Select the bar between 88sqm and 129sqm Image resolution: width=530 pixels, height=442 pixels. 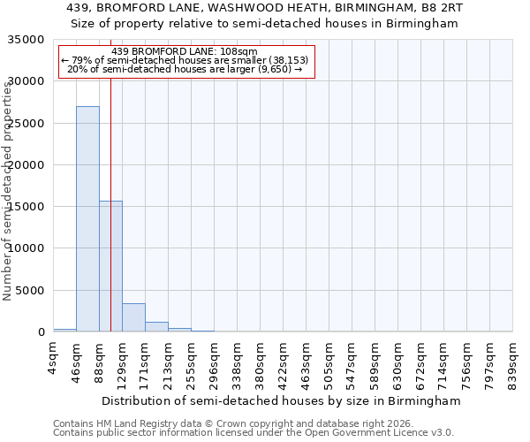click(110, 266)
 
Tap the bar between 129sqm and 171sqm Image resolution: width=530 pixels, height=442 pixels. click(133, 317)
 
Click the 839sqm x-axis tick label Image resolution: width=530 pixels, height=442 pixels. click(512, 362)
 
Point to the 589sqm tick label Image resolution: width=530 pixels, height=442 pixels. click(375, 362)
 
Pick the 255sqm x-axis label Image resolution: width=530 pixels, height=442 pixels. click(191, 362)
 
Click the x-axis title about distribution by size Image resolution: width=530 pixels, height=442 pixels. click(282, 400)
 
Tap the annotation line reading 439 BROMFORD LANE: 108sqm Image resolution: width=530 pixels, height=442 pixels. click(185, 51)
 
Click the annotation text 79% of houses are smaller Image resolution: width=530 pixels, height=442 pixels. click(185, 60)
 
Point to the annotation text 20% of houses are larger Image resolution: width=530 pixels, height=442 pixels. click(185, 69)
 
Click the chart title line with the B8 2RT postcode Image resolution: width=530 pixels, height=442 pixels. click(265, 7)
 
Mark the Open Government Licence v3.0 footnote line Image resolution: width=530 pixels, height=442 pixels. click(253, 432)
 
